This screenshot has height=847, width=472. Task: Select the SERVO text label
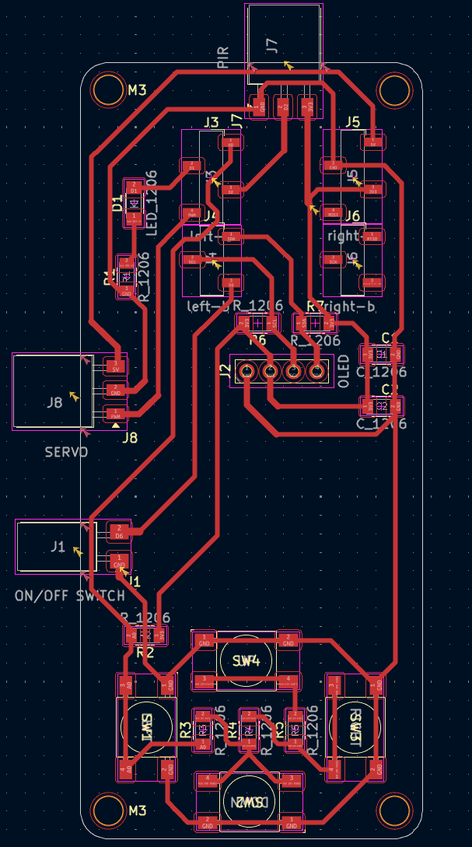pyautogui.click(x=66, y=452)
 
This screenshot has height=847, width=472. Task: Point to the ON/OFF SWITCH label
pyautogui.click(x=69, y=596)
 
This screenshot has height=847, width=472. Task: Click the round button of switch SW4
pyautogui.click(x=245, y=661)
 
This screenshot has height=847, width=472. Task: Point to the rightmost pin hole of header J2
pyautogui.click(x=317, y=372)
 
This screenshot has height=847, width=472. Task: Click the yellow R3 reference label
pyautogui.click(x=185, y=730)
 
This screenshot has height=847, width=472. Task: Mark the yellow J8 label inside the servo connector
pyautogui.click(x=54, y=402)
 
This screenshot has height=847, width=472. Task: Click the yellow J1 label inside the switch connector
pyautogui.click(x=57, y=547)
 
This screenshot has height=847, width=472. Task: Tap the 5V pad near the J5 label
pyautogui.click(x=373, y=142)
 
